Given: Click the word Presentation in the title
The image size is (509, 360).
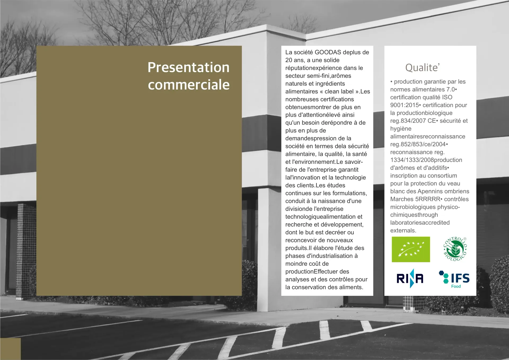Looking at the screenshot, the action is tap(188, 67).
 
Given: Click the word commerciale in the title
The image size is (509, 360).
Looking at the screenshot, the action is tap(189, 85).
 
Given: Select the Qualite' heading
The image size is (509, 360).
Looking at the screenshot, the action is tap(422, 68).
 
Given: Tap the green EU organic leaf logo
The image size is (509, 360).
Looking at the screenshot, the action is tap(411, 249).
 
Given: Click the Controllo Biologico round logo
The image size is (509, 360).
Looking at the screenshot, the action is tap(455, 249).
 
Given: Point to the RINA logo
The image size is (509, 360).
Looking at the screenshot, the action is tap(410, 278).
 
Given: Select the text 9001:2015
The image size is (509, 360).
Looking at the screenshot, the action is tap(404, 105).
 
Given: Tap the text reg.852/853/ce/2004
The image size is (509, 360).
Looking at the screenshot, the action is tap(418, 144).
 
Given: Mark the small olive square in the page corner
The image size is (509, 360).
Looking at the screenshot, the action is tap(10, 349).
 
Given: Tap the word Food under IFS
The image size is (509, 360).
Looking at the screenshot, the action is tap(456, 286).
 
